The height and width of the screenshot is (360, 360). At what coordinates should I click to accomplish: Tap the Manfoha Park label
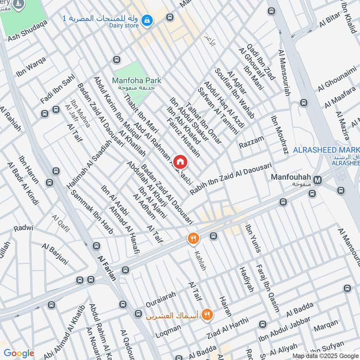point(136,81)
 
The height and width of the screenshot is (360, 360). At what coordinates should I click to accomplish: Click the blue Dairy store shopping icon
point(147,20)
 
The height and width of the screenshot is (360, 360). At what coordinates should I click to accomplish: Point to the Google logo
point(19,353)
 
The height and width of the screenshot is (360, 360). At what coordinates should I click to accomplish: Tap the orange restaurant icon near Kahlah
point(193,238)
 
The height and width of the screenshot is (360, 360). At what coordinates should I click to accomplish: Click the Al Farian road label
point(107,268)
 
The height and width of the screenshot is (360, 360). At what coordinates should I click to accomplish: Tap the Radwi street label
point(23,228)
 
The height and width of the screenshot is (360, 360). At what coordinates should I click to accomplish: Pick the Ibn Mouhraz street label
point(279,135)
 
